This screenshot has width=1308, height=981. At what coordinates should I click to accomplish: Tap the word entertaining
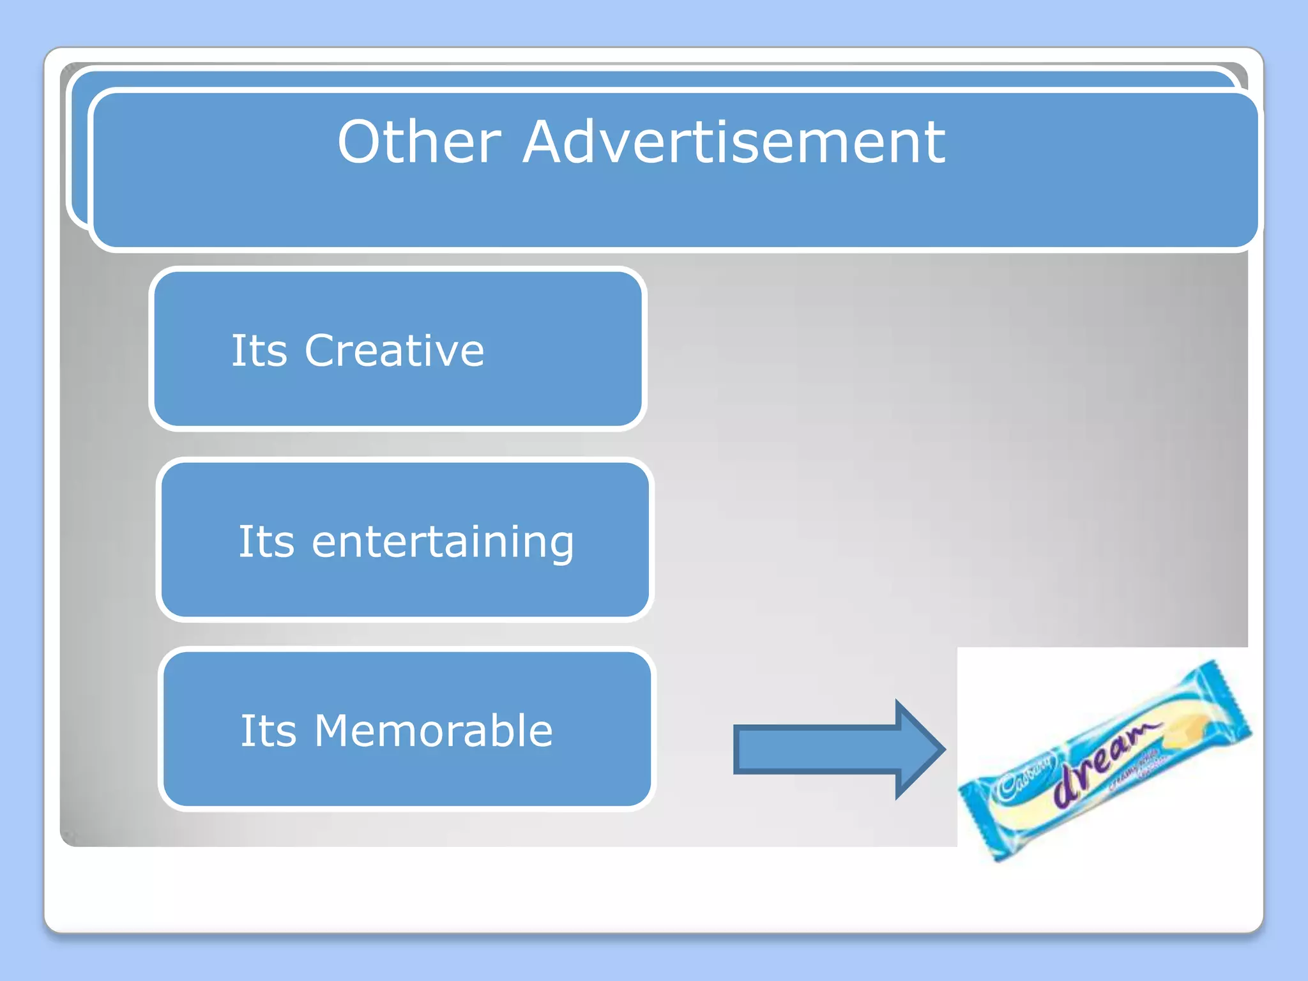pos(443,542)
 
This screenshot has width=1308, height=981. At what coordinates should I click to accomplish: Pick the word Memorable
pos(433,731)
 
